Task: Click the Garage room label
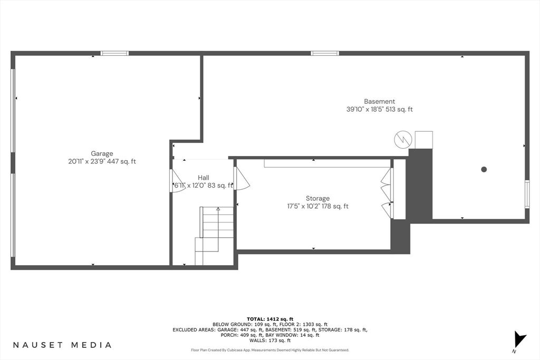(102, 154)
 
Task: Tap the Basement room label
(379, 102)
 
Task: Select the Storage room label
(317, 199)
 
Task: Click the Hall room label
(203, 178)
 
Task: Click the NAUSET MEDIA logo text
(62, 345)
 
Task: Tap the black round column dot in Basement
(484, 169)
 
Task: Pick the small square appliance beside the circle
(423, 140)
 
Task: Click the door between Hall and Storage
(240, 178)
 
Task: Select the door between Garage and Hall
(176, 181)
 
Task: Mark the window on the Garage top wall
(114, 53)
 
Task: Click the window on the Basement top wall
(324, 53)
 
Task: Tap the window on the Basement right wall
(527, 194)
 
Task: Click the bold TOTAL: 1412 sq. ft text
(270, 319)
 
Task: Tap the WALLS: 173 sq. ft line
(270, 340)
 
